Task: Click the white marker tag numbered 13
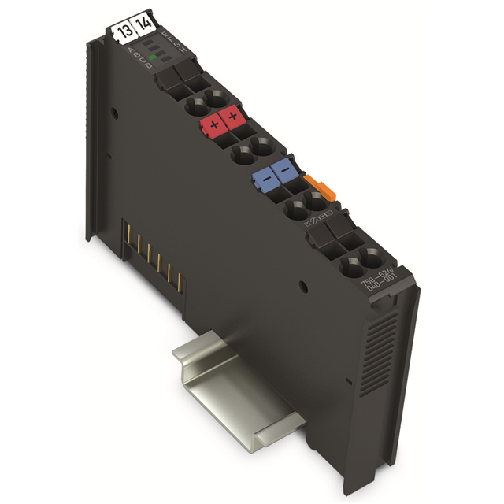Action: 124,31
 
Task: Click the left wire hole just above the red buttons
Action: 194,104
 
